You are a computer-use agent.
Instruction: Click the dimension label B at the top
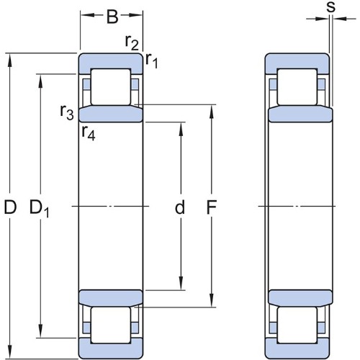[112, 17]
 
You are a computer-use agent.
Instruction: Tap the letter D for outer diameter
[10, 207]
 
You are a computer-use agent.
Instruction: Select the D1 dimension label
[39, 208]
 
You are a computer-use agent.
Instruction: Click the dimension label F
[212, 207]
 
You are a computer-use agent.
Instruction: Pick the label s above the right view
[331, 7]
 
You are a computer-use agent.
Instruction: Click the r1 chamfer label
[152, 60]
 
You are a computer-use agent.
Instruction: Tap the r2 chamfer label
[132, 42]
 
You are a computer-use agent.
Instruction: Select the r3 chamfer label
[67, 112]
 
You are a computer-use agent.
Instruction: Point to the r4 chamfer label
[89, 132]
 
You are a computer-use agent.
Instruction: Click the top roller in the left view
[111, 87]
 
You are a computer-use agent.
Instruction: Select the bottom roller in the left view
[111, 325]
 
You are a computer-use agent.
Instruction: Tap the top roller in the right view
[297, 87]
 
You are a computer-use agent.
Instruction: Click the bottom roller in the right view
[297, 325]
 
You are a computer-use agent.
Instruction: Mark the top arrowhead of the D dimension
[10, 60]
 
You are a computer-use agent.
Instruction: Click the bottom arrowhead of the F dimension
[212, 300]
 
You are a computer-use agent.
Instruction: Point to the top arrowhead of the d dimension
[181, 130]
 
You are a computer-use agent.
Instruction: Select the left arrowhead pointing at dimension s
[322, 19]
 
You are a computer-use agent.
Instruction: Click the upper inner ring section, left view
[111, 114]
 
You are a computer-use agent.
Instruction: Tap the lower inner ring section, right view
[300, 297]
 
